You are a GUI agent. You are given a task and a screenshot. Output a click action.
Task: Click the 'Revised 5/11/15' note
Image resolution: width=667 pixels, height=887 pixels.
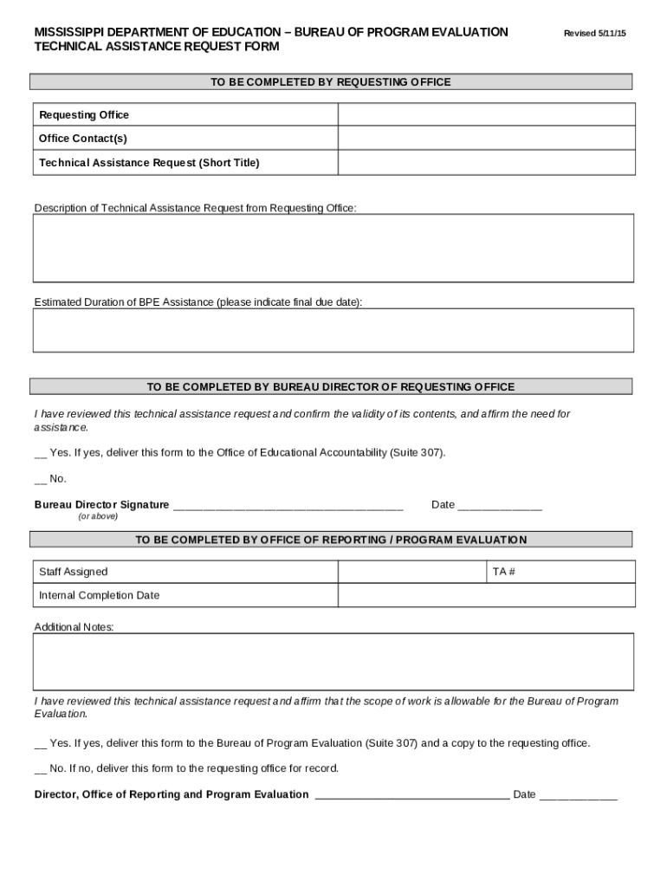click(x=594, y=33)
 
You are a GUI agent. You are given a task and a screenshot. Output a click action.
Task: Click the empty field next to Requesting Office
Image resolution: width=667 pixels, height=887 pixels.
click(x=486, y=115)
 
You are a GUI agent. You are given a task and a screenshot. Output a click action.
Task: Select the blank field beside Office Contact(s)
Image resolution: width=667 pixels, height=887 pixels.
click(x=486, y=139)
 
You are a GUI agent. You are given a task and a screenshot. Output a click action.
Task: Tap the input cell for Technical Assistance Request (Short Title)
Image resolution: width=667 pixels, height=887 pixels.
click(x=486, y=163)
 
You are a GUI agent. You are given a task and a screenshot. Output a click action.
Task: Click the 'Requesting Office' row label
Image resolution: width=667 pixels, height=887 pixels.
click(x=84, y=115)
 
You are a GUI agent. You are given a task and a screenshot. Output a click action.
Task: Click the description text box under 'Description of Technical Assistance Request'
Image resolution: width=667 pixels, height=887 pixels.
click(x=333, y=248)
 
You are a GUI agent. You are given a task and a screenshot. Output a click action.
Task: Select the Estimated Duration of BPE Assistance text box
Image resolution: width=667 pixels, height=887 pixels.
click(x=333, y=330)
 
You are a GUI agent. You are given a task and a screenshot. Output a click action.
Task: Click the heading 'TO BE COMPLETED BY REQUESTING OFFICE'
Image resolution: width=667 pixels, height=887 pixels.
click(x=331, y=82)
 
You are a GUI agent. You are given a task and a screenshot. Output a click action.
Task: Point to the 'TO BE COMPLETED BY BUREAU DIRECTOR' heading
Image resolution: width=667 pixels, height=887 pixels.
click(x=331, y=387)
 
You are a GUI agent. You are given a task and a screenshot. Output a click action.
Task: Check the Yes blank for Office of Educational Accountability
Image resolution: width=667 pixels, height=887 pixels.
click(x=40, y=453)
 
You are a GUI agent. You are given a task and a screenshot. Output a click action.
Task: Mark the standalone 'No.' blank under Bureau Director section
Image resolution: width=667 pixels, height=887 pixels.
click(x=40, y=479)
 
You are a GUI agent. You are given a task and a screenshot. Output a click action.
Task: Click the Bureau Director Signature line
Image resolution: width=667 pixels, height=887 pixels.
click(x=288, y=506)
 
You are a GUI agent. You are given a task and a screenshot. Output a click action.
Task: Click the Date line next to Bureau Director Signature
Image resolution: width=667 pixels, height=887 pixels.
click(x=499, y=506)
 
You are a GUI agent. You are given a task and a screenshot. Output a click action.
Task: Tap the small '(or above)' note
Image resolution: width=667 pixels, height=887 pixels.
click(x=98, y=516)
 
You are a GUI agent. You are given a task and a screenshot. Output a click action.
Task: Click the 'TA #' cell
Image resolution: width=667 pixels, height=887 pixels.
click(x=560, y=572)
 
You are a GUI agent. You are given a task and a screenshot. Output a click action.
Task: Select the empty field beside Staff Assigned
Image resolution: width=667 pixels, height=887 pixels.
click(x=411, y=572)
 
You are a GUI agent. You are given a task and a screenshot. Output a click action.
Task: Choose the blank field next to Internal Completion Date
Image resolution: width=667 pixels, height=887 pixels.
click(x=486, y=596)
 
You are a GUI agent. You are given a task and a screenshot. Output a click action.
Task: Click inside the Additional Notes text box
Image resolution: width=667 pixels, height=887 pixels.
click(x=333, y=662)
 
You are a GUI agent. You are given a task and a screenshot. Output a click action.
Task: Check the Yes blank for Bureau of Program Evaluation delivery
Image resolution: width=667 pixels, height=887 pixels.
click(x=40, y=744)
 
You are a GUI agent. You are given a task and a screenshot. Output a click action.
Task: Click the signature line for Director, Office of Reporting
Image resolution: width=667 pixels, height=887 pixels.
click(x=411, y=795)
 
